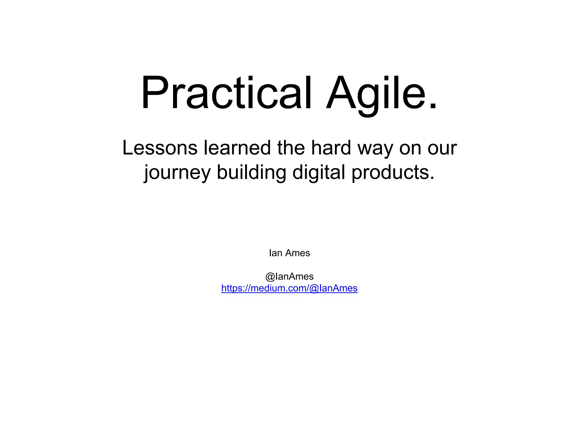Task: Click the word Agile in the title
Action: (376, 93)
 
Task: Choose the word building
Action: (251, 172)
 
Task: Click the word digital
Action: (319, 172)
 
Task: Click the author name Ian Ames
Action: (289, 253)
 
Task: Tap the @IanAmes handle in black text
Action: (289, 276)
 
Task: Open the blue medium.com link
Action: (289, 288)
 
